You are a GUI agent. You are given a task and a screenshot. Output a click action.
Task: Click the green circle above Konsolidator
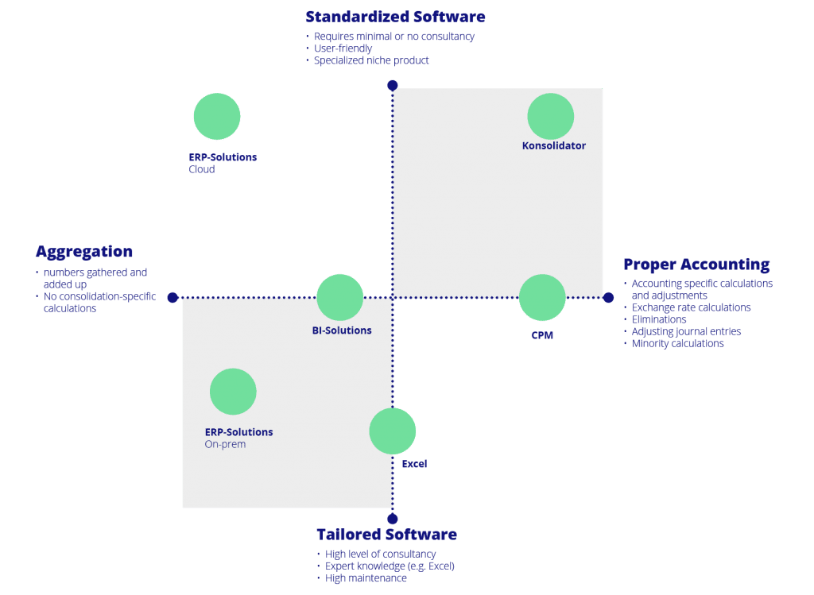(551, 116)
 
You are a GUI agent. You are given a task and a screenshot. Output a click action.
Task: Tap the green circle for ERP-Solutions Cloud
(217, 116)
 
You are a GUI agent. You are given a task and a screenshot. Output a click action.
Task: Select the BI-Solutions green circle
(340, 297)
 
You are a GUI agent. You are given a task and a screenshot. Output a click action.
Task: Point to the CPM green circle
(542, 297)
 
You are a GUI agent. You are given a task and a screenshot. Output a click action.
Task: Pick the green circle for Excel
(393, 431)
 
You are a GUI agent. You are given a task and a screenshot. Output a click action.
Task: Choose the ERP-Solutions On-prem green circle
(233, 392)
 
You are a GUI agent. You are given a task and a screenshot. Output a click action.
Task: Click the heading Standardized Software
(396, 17)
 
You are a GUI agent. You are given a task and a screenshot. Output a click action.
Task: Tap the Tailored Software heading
(387, 535)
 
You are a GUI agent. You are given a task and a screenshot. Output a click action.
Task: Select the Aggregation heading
(84, 252)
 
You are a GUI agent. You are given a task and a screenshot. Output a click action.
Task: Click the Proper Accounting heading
(696, 265)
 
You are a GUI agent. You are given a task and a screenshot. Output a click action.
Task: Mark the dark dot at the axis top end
(393, 85)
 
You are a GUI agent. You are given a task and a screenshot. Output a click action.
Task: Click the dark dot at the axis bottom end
(393, 519)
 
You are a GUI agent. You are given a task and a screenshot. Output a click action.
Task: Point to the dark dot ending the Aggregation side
(172, 297)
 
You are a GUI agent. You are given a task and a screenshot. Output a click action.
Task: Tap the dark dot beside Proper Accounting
(608, 297)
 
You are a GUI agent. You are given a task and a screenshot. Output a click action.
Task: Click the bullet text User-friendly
(343, 48)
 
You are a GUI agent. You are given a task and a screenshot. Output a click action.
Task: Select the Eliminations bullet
(659, 319)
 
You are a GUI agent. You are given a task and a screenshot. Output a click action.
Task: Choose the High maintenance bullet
(366, 578)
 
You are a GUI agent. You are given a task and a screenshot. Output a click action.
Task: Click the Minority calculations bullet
(677, 343)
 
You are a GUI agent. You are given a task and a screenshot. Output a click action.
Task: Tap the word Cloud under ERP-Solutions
(202, 170)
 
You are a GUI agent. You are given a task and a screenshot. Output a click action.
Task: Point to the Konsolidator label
(554, 145)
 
